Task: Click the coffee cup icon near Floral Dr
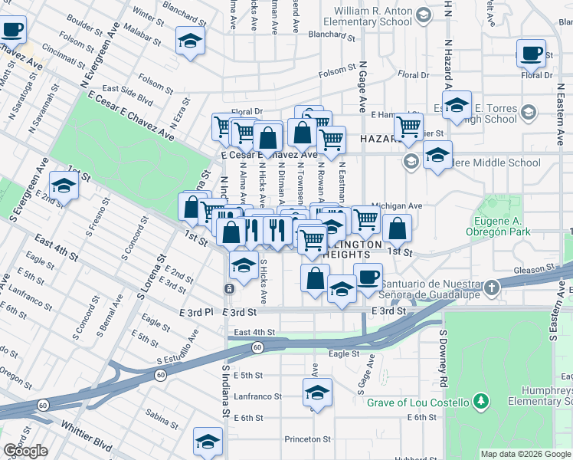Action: (x=531, y=53)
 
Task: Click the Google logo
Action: (x=25, y=451)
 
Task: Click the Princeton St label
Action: (x=306, y=440)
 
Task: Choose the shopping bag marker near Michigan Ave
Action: (x=397, y=228)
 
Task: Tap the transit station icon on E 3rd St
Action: (x=229, y=288)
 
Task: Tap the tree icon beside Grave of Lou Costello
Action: (x=480, y=400)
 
